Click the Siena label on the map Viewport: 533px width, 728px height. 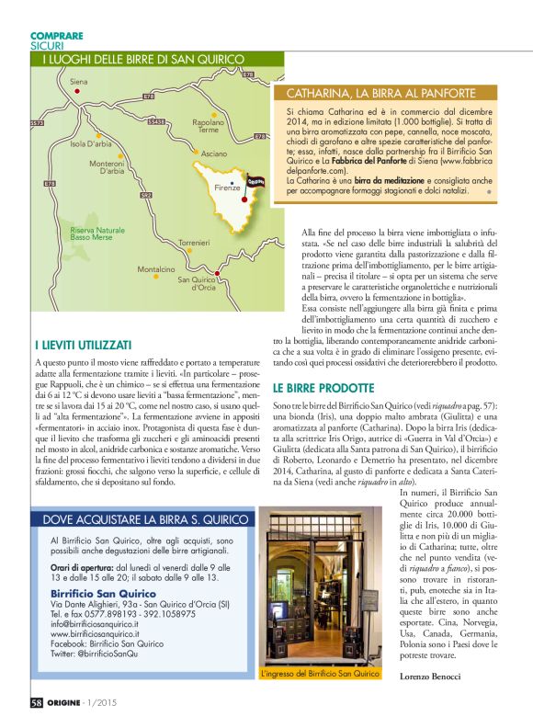point(78,82)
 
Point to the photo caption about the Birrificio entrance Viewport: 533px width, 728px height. point(320,674)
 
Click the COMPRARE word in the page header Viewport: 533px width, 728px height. point(57,36)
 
